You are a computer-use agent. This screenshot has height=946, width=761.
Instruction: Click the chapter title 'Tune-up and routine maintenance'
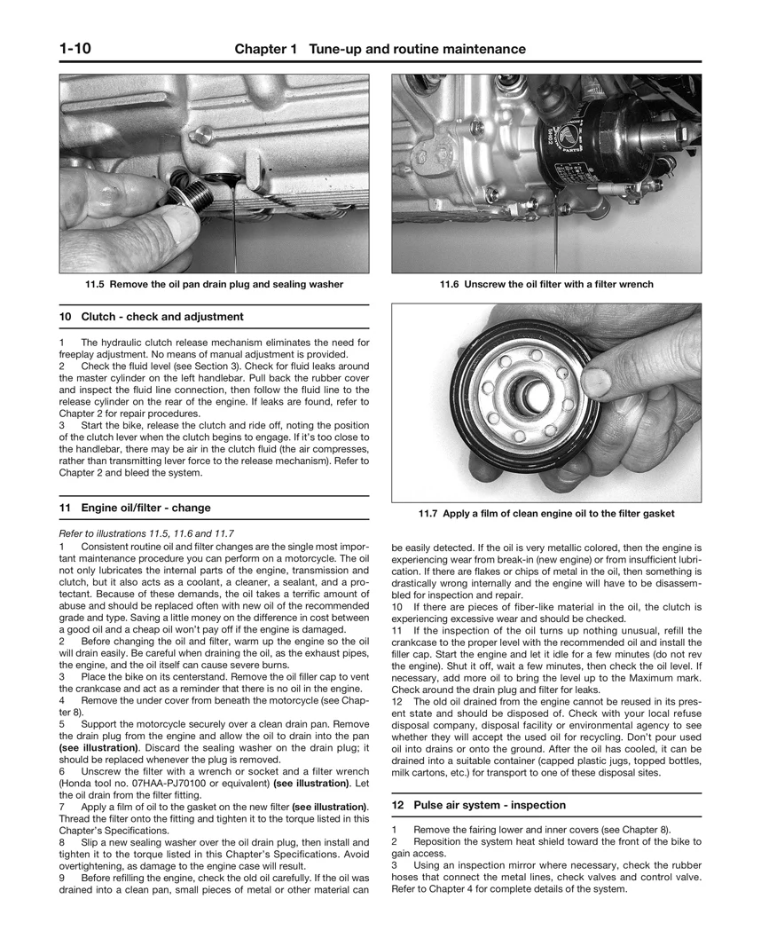pos(416,50)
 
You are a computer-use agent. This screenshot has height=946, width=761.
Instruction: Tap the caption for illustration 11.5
pos(214,285)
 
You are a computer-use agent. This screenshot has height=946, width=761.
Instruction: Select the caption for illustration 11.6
pos(546,285)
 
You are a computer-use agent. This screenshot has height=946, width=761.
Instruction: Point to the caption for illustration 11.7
pos(546,514)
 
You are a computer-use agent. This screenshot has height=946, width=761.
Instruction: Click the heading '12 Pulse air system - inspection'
pos(478,805)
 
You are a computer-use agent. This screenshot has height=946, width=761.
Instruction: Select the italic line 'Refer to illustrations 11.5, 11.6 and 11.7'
pos(146,532)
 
